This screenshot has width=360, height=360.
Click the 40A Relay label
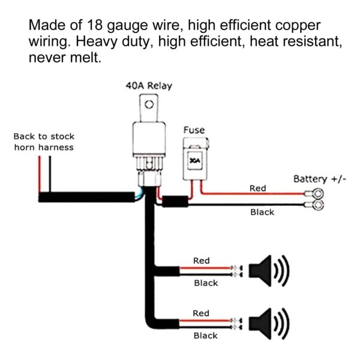148,86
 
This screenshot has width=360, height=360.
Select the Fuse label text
194,130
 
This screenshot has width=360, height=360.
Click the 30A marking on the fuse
194,160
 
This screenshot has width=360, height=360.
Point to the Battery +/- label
319,179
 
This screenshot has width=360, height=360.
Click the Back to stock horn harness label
44,142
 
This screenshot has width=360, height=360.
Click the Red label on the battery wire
257,188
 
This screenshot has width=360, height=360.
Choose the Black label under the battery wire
262,212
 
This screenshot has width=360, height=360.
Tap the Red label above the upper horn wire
202,261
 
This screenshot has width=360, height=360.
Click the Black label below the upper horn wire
205,283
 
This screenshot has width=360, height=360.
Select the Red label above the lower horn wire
202,313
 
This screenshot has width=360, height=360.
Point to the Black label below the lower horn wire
205,336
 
